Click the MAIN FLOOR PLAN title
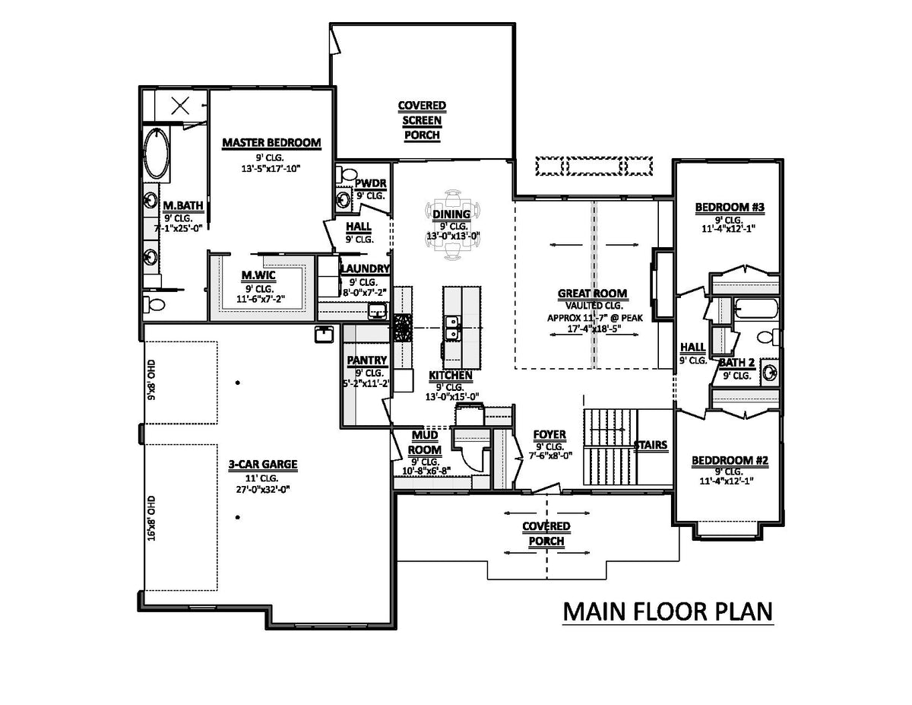(667, 611)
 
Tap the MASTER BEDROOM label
(271, 142)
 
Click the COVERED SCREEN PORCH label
(422, 120)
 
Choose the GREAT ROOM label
(592, 293)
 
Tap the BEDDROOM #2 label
(730, 460)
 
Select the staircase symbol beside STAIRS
(609, 446)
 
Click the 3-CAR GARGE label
(262, 463)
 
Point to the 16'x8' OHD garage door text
(151, 517)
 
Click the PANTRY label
(367, 360)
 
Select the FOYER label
(548, 435)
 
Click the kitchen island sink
(453, 329)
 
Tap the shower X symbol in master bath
(180, 106)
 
